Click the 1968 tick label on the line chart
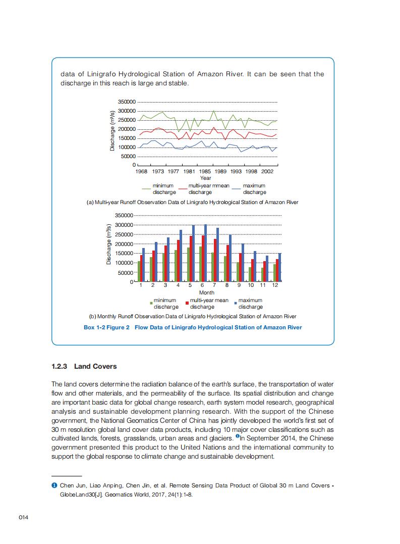(x=142, y=172)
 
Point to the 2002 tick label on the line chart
(x=267, y=172)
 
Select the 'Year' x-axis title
(x=205, y=178)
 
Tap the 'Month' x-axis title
(x=206, y=292)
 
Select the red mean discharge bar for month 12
(x=276, y=270)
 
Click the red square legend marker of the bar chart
(x=187, y=303)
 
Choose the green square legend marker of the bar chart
(x=150, y=303)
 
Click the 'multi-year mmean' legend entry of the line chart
(x=209, y=186)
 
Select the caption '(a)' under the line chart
(x=90, y=202)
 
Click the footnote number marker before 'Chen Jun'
(x=53, y=485)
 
